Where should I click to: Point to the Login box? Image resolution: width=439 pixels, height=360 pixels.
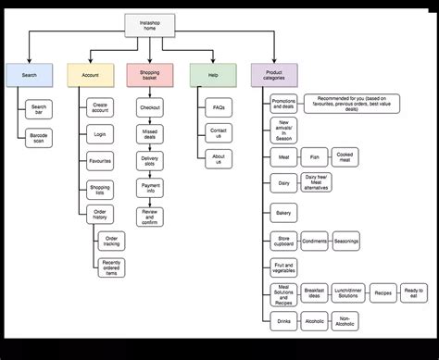click(100, 134)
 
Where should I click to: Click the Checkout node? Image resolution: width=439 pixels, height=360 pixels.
click(150, 108)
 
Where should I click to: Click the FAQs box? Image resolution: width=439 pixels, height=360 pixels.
click(218, 108)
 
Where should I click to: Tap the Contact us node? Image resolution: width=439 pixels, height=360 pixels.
click(218, 134)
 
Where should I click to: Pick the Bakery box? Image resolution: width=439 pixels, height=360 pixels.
click(283, 213)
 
